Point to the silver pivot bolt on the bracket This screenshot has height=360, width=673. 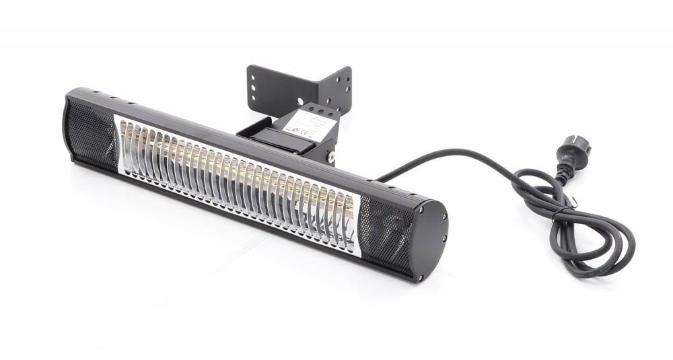pos(331,157)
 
